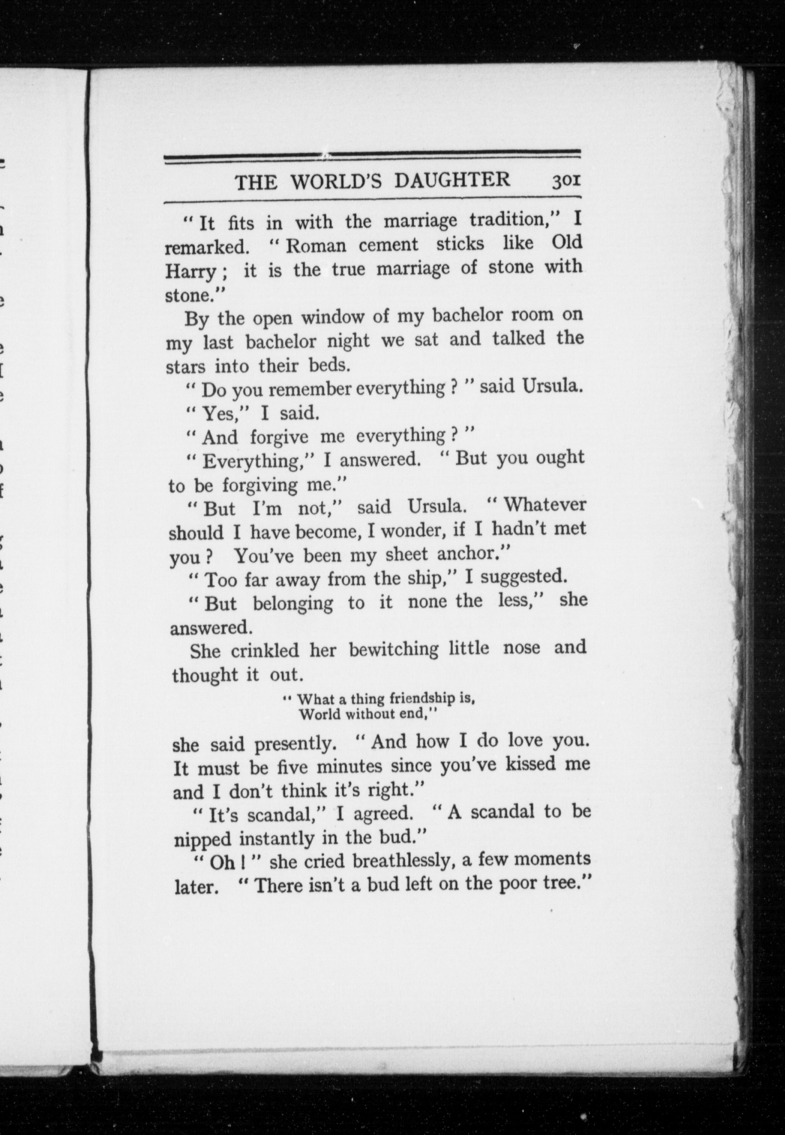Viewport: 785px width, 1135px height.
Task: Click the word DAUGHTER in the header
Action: (453, 180)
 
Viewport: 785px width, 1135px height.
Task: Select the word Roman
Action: (316, 245)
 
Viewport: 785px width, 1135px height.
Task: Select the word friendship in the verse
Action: (414, 699)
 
